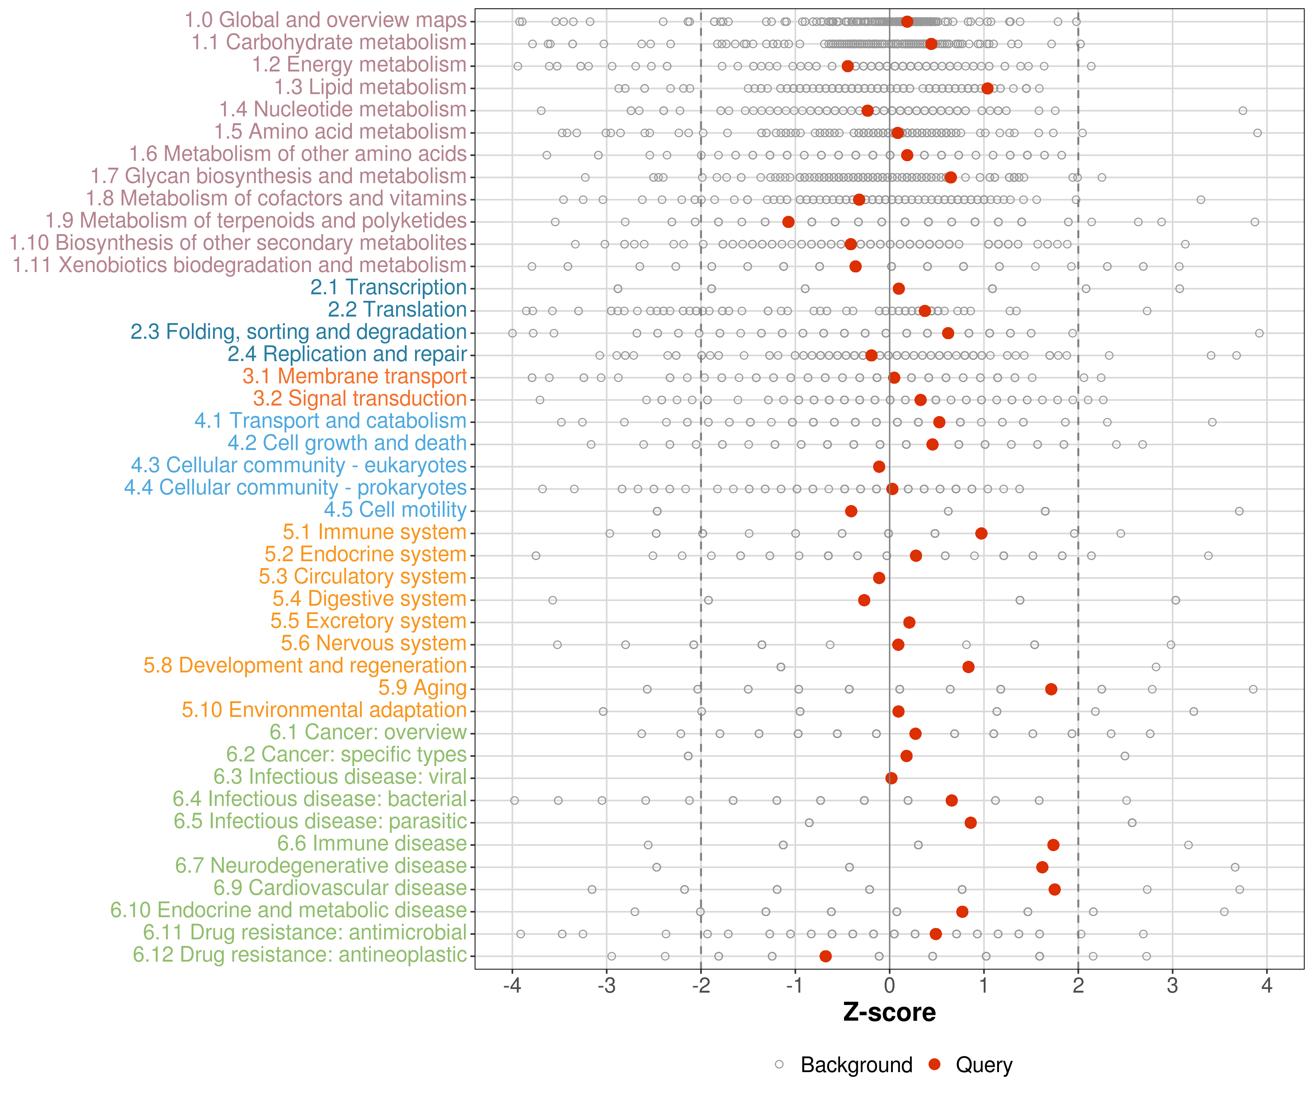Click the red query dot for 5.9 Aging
pos(1051,689)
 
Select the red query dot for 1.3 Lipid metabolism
pos(987,88)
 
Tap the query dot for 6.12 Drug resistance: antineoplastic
pos(825,956)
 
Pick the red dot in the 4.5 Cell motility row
pos(851,511)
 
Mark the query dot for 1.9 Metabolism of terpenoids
pos(789,222)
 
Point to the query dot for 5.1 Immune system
pos(981,533)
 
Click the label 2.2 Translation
pos(397,310)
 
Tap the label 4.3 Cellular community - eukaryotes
pos(299,465)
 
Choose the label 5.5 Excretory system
pos(368,621)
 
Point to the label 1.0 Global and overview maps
pos(325,20)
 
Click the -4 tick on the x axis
pos(512,986)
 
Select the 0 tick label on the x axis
pos(889,986)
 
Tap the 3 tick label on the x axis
pos(1172,986)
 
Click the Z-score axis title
pos(889,1012)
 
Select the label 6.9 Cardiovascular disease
pos(340,888)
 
